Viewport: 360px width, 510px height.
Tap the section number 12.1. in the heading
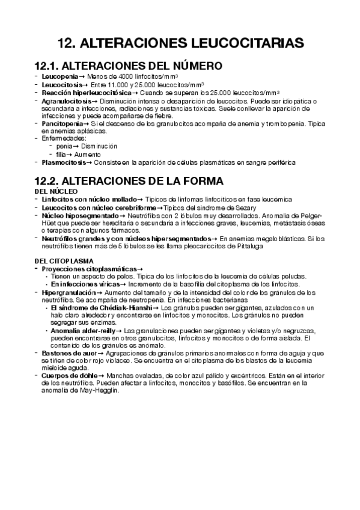click(x=47, y=66)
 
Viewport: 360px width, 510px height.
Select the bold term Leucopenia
click(x=59, y=78)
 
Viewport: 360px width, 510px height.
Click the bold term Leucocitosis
click(x=62, y=85)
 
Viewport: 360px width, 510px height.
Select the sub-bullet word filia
click(x=61, y=154)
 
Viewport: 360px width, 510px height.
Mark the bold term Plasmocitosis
click(x=63, y=162)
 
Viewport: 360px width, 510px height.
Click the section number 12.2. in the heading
click(x=47, y=180)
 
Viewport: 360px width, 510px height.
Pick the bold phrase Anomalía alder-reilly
click(x=83, y=331)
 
